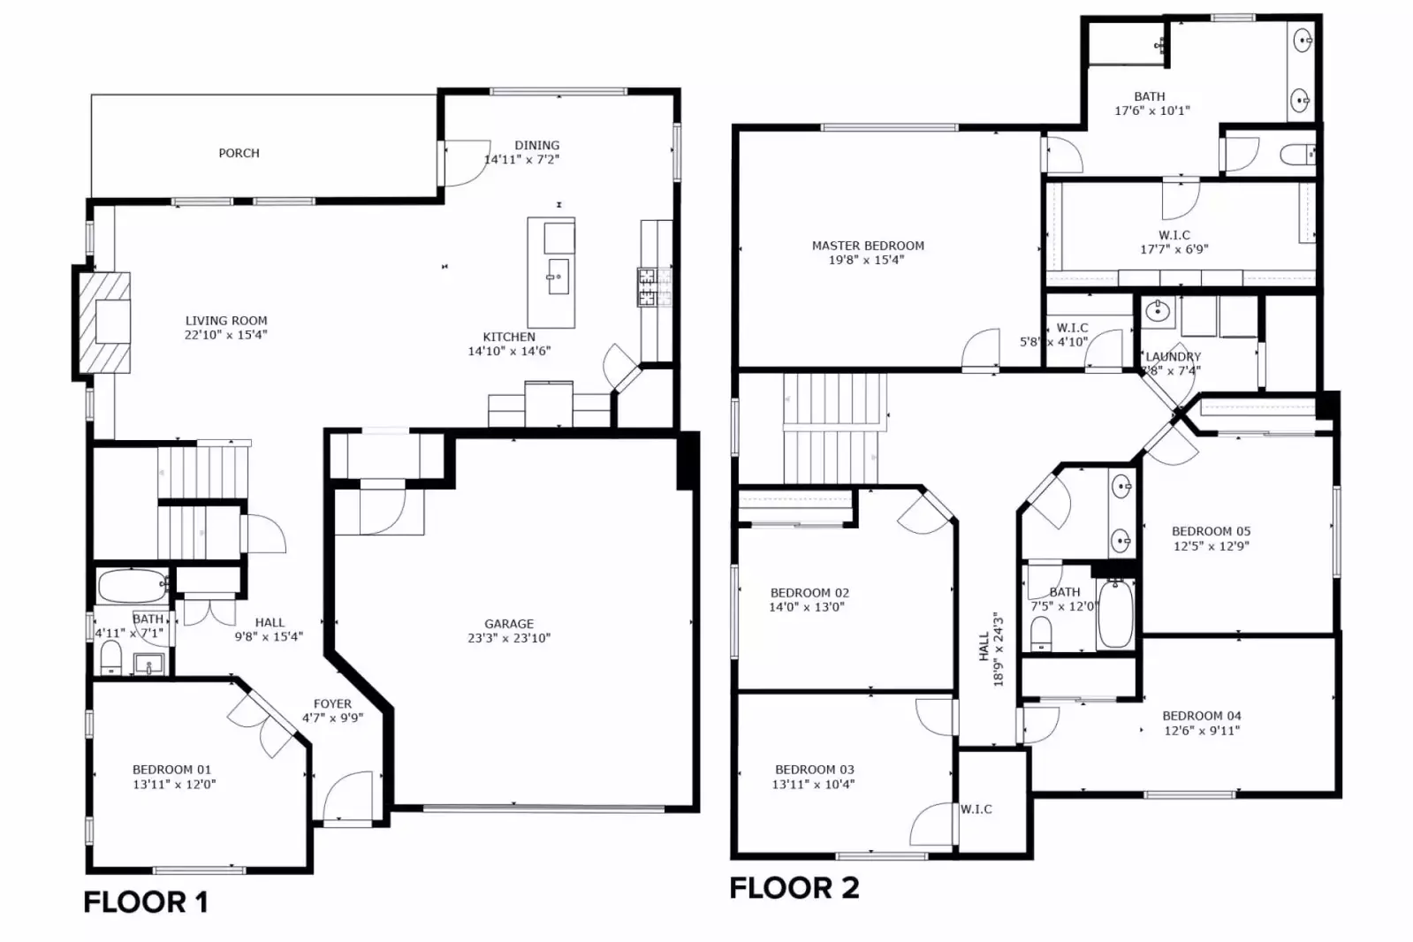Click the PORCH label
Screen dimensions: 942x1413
pos(239,153)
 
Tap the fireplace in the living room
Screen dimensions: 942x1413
pos(105,323)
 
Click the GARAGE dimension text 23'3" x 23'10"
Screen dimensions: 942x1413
pos(508,638)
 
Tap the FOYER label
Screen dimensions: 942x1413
pos(332,704)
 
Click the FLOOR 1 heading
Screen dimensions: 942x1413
pos(146,902)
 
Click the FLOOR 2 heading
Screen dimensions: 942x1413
pos(794,888)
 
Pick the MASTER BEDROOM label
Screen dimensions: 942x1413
pos(868,246)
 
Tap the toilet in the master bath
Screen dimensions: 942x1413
pos(1298,156)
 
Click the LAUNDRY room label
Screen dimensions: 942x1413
pos(1173,357)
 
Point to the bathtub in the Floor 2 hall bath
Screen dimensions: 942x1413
pos(1115,614)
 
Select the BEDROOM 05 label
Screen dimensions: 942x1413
pos(1211,531)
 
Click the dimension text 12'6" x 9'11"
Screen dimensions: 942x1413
pos(1201,731)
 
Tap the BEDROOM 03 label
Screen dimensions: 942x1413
pos(814,770)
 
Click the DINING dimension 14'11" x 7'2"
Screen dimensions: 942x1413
pos(521,160)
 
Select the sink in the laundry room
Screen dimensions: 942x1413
pos(1157,311)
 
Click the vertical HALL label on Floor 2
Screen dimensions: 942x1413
pos(984,646)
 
